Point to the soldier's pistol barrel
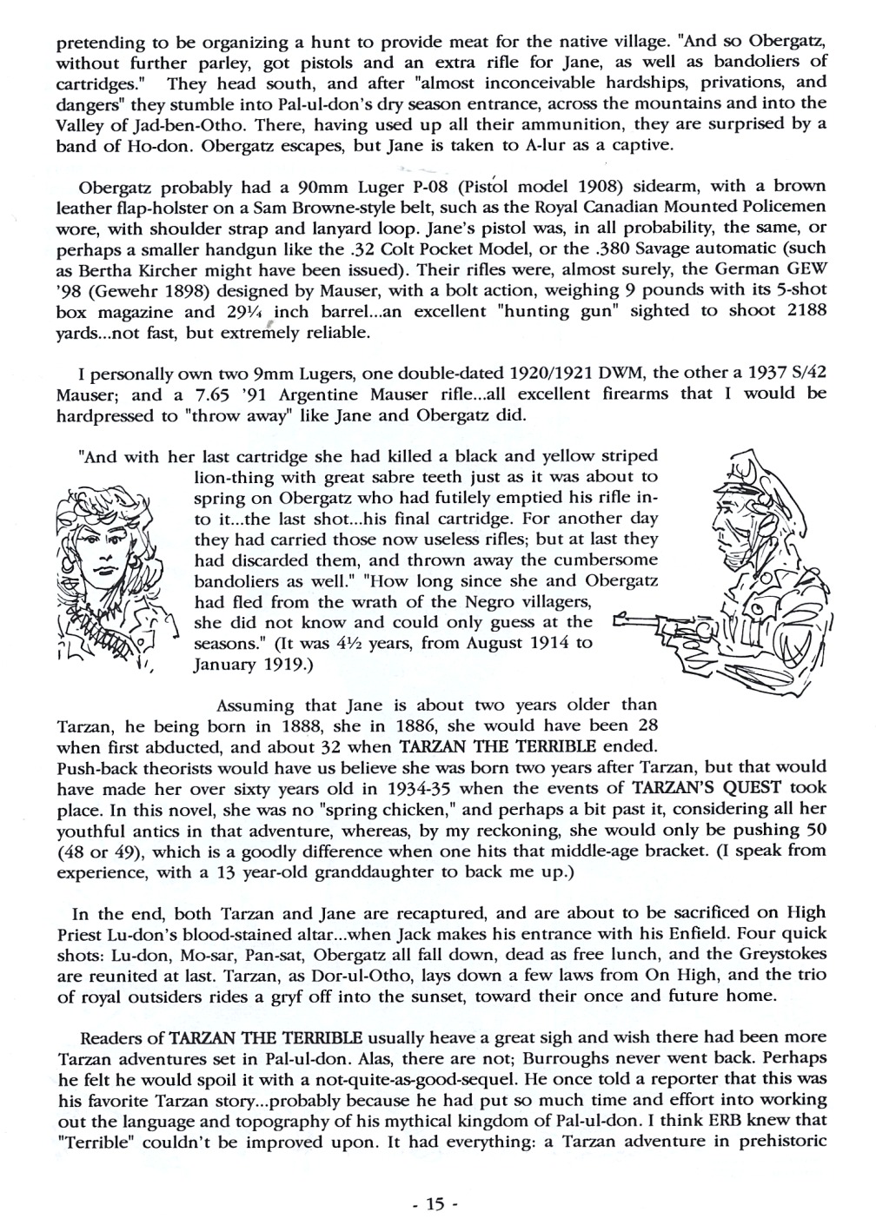pyautogui.click(x=652, y=622)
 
